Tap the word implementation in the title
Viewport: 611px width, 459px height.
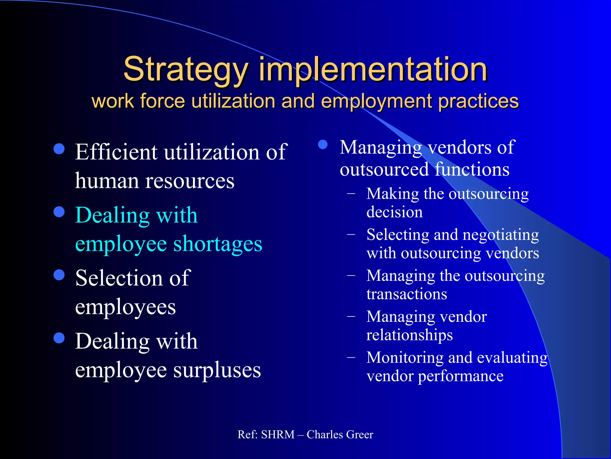tap(373, 70)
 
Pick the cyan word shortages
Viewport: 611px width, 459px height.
tap(217, 244)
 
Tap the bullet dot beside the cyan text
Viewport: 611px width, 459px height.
tap(59, 212)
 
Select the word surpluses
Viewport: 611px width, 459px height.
tap(217, 370)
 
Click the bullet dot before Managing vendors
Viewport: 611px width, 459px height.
tap(323, 145)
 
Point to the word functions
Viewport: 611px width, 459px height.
tap(472, 169)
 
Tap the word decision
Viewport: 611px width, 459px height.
tap(394, 212)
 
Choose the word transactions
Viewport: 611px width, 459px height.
tap(407, 294)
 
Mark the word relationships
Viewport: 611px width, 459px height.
tap(409, 335)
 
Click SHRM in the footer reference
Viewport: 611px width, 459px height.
tap(278, 434)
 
